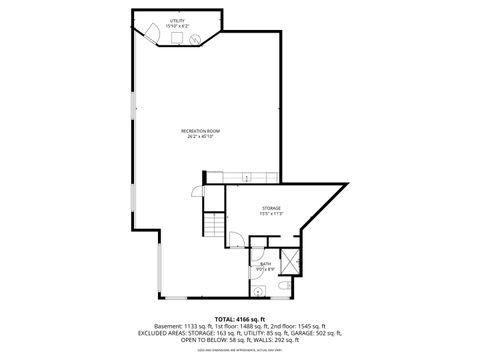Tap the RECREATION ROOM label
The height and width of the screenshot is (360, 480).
click(200, 131)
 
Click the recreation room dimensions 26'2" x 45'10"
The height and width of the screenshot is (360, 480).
click(200, 137)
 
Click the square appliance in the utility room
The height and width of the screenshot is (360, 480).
click(176, 38)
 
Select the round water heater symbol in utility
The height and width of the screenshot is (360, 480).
click(193, 37)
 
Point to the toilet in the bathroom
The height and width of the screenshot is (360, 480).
click(286, 289)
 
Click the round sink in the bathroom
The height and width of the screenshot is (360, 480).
click(257, 291)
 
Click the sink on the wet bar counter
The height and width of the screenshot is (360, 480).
click(246, 178)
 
